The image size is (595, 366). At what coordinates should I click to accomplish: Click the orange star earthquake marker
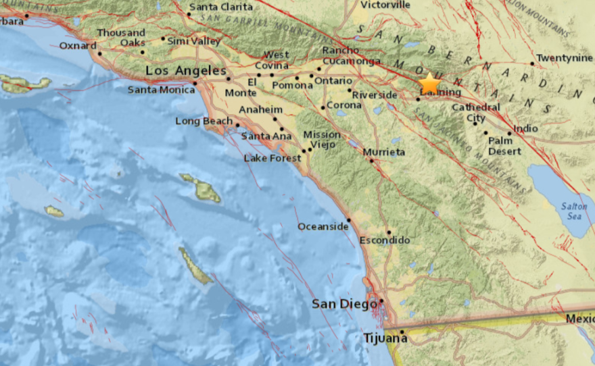click(429, 84)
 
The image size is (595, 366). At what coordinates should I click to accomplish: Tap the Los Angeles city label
click(186, 71)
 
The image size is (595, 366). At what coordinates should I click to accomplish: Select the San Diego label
click(343, 305)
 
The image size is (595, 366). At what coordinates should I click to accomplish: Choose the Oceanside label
click(323, 226)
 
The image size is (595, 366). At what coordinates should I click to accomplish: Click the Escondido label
click(384, 240)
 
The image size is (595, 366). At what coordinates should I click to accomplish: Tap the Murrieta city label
click(384, 152)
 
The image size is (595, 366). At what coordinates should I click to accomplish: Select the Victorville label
click(385, 5)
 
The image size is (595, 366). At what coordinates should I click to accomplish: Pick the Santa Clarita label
click(220, 7)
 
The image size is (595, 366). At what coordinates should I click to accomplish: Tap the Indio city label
click(526, 128)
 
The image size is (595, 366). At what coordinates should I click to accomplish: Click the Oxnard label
click(78, 46)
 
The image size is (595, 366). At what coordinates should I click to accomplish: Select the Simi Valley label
click(194, 41)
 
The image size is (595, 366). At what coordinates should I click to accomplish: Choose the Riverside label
click(374, 95)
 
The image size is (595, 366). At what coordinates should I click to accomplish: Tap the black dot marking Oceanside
click(349, 219)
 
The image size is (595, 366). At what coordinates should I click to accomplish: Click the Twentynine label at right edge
click(565, 58)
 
